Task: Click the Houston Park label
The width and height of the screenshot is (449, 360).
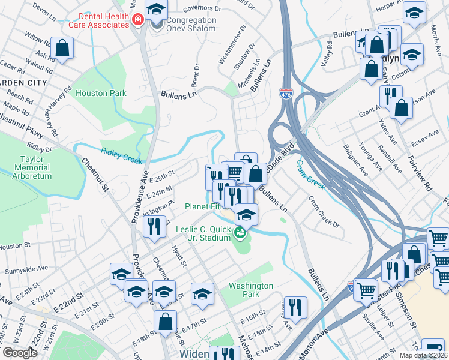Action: click(101, 93)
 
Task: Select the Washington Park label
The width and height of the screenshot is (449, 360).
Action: click(250, 290)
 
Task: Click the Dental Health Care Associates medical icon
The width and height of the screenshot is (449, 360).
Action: click(137, 20)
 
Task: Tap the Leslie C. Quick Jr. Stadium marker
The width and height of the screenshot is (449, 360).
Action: click(241, 232)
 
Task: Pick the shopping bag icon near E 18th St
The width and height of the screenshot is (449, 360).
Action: click(165, 320)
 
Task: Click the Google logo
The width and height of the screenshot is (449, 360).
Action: click(20, 353)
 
